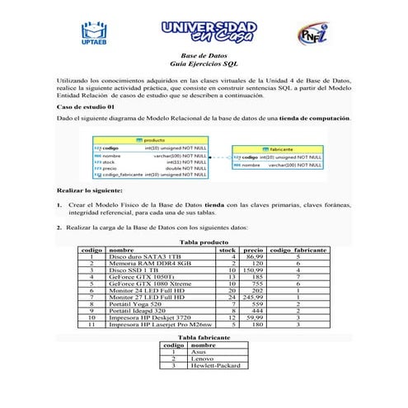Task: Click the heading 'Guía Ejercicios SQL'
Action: tap(204, 63)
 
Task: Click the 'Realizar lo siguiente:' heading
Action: tap(89, 190)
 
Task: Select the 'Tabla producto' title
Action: tap(203, 242)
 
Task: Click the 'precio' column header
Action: tap(254, 249)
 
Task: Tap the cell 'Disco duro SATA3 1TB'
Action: tap(145, 257)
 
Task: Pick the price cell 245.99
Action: tap(252, 297)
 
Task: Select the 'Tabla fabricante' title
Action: tap(203, 338)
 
